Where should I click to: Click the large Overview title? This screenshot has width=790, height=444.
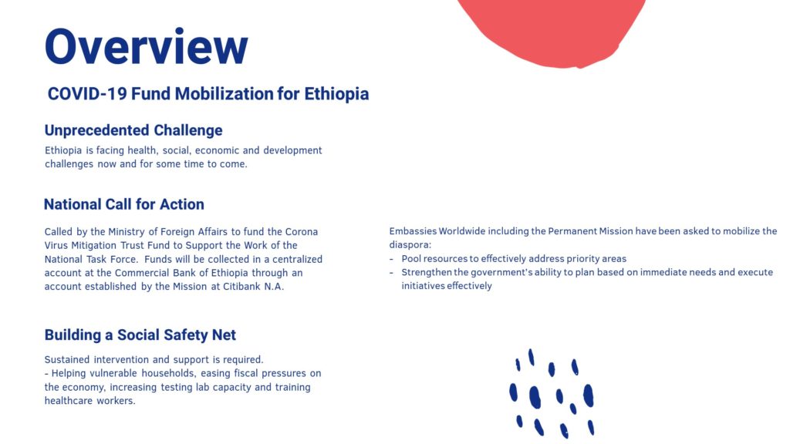click(146, 46)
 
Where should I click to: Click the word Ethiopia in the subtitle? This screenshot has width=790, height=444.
click(336, 94)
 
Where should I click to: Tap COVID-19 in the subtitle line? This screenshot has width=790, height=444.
click(86, 94)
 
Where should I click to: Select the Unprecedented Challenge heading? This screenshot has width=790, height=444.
click(133, 130)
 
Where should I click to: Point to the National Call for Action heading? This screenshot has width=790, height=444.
click(124, 204)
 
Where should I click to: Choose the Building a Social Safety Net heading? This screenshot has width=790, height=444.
click(140, 335)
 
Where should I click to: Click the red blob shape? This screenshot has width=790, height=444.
click(551, 30)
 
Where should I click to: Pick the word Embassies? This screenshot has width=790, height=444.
click(413, 231)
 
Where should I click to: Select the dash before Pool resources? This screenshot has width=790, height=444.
click(391, 259)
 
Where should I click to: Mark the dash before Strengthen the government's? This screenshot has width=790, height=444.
click(391, 272)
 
